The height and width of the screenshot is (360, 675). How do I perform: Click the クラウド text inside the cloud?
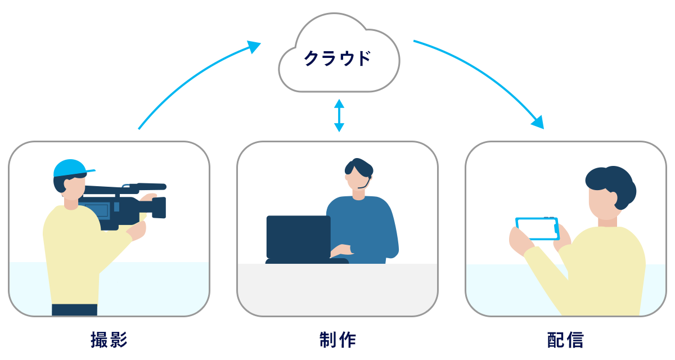[337, 58]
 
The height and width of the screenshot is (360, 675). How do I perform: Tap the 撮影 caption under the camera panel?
[109, 340]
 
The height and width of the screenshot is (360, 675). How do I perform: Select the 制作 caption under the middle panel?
[337, 340]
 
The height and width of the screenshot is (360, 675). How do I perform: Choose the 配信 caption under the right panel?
[565, 340]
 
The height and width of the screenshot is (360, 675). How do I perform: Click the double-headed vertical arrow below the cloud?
[339, 115]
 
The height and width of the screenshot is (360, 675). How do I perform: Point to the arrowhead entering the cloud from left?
[255, 47]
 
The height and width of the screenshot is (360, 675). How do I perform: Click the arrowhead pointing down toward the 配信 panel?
[538, 122]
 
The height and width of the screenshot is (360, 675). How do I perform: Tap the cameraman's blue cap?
[70, 168]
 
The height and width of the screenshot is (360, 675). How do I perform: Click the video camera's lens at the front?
[159, 207]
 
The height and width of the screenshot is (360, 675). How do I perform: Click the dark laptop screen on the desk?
[298, 237]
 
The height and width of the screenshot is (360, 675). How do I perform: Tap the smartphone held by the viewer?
[537, 228]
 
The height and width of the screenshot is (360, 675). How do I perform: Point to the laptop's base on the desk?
[307, 261]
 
